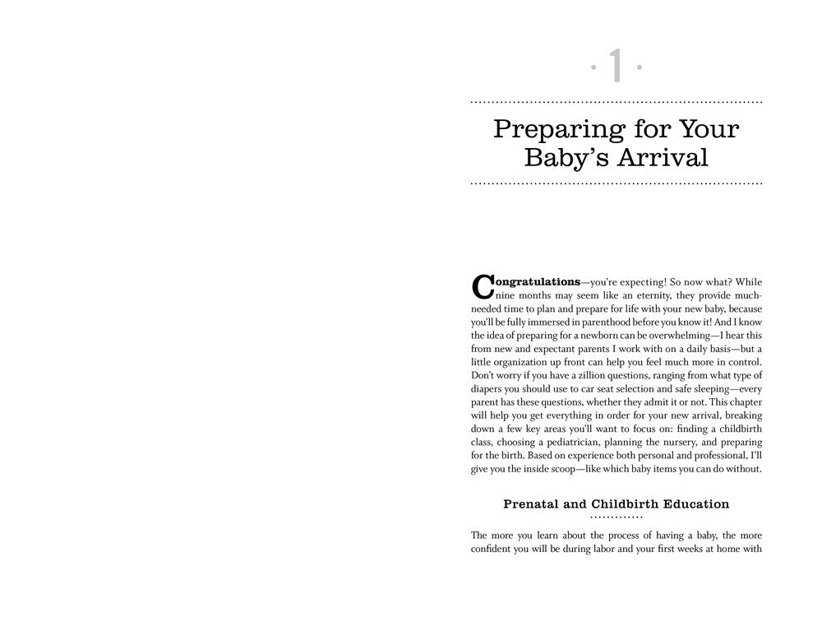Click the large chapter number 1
click(616, 66)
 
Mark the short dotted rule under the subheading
click(616, 518)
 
